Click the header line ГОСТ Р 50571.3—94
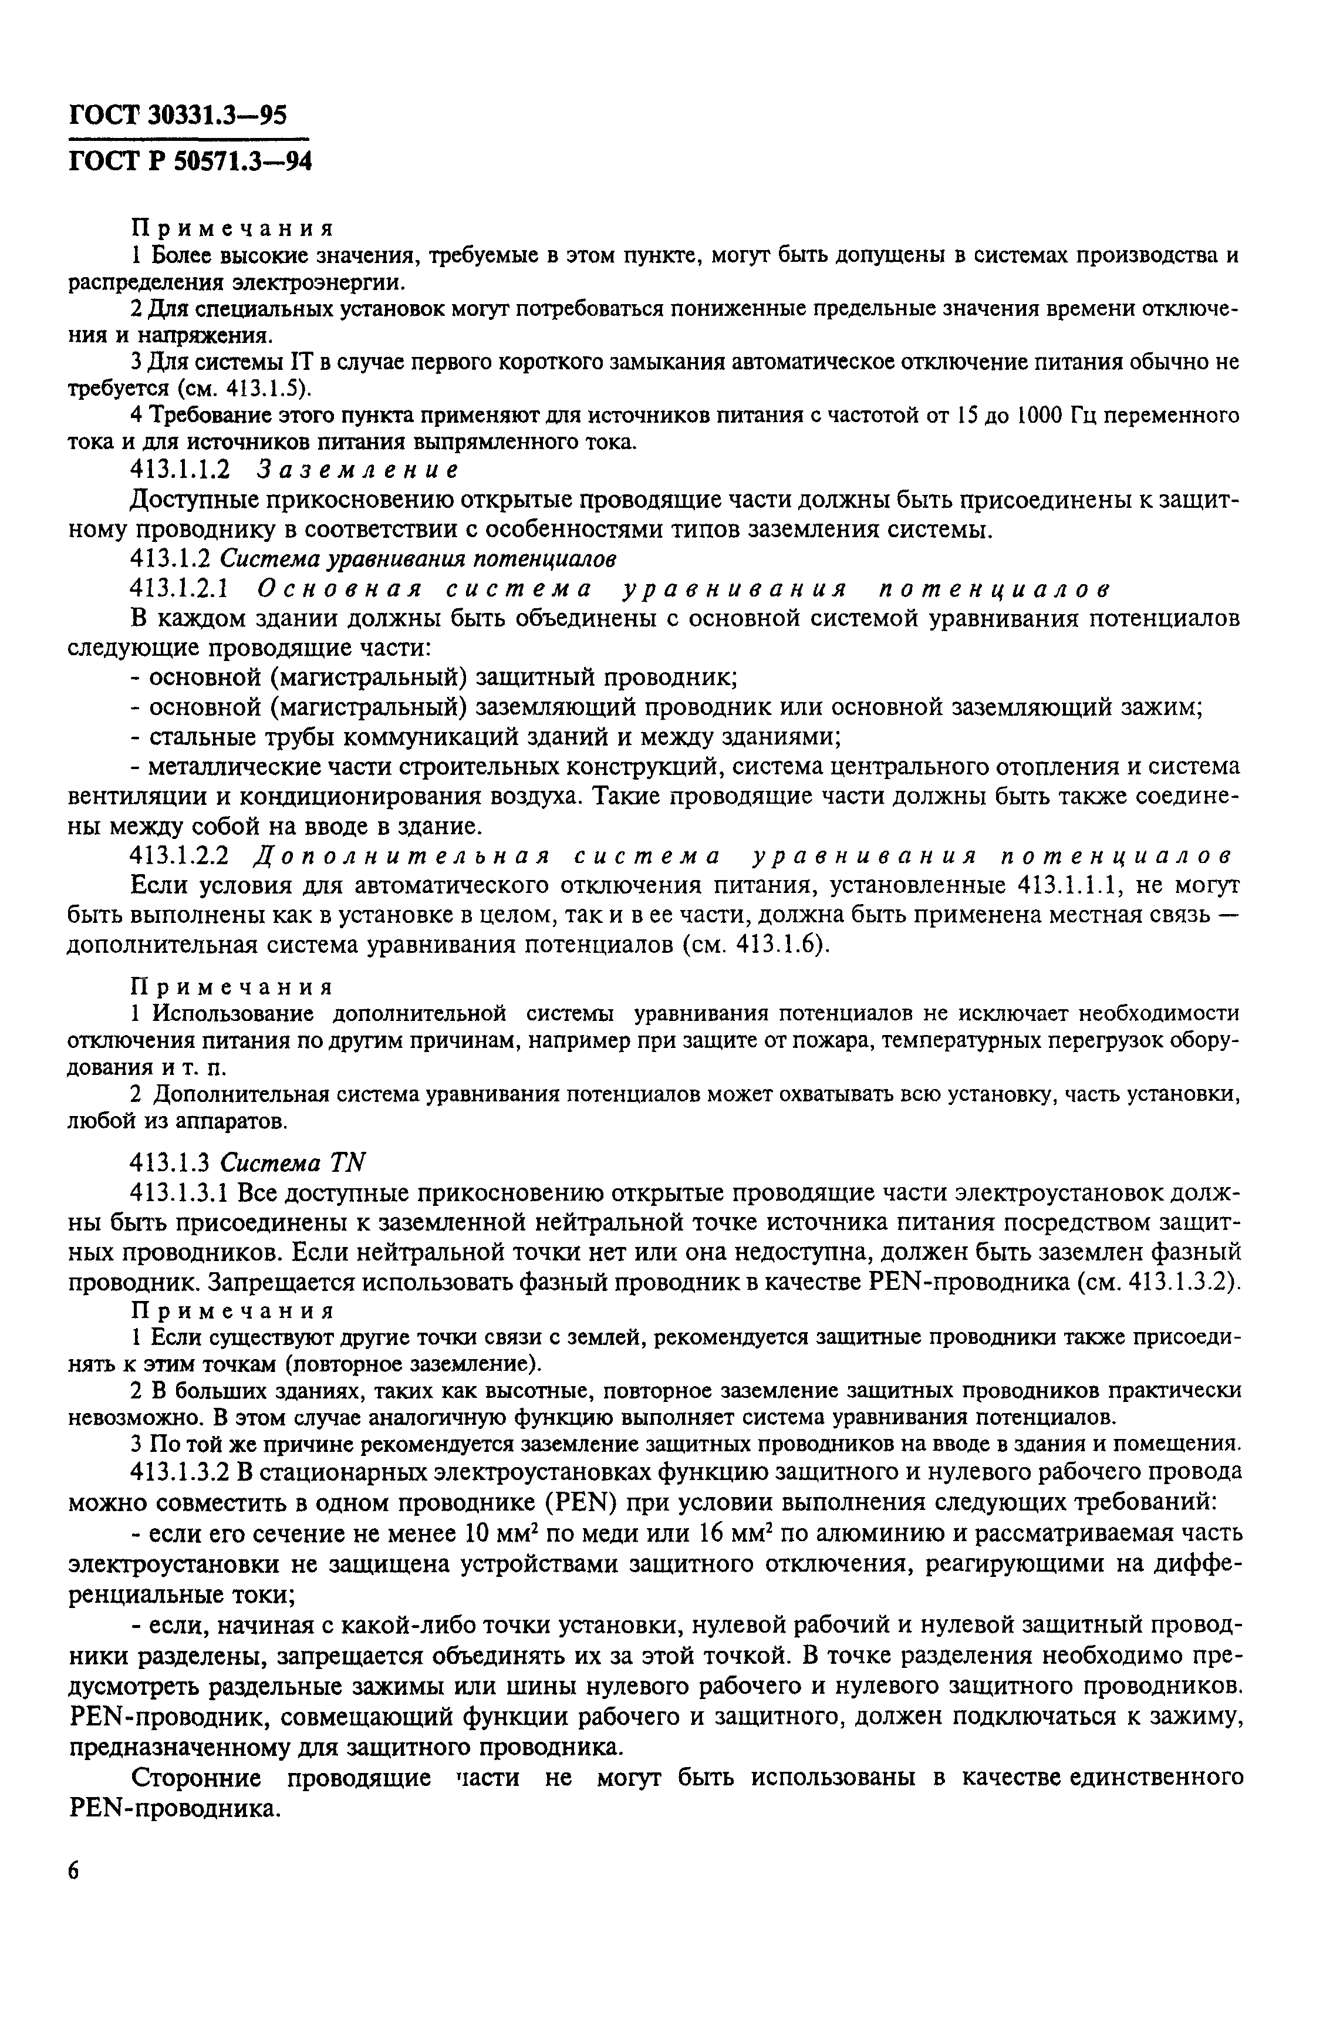click(189, 160)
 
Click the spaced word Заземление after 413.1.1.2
click(358, 470)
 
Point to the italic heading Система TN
click(293, 1162)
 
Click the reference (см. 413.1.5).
click(243, 389)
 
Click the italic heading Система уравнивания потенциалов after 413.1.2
click(419, 559)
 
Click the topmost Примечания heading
click(231, 228)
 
